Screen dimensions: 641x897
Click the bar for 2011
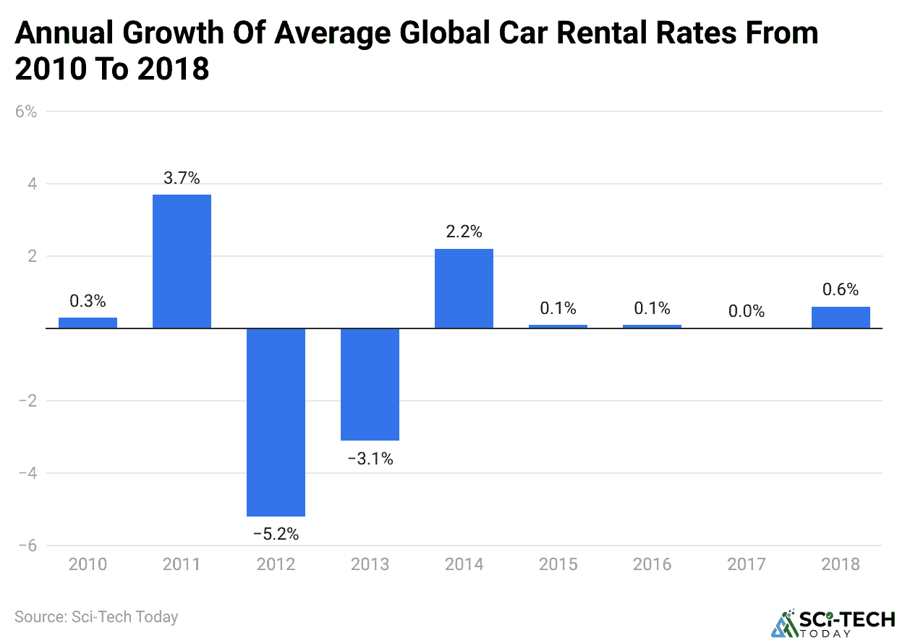click(x=182, y=261)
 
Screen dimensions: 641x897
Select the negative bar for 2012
click(x=276, y=422)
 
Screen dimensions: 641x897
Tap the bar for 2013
click(x=370, y=384)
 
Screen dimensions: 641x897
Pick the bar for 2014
click(x=464, y=289)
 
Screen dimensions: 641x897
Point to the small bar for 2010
click(x=88, y=323)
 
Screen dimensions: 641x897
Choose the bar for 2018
click(x=841, y=318)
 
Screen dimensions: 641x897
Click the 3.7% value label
click(x=182, y=178)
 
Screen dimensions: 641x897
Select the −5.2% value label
click(x=276, y=535)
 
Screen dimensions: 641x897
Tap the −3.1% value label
click(x=370, y=459)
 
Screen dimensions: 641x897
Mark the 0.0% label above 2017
click(x=747, y=311)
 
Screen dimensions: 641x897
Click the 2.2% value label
click(x=464, y=232)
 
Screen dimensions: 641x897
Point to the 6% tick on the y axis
click(x=26, y=112)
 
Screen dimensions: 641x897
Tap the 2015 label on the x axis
click(x=558, y=564)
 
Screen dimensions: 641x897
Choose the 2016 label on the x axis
click(x=652, y=564)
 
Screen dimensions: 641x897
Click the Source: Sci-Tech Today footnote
click(x=96, y=617)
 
